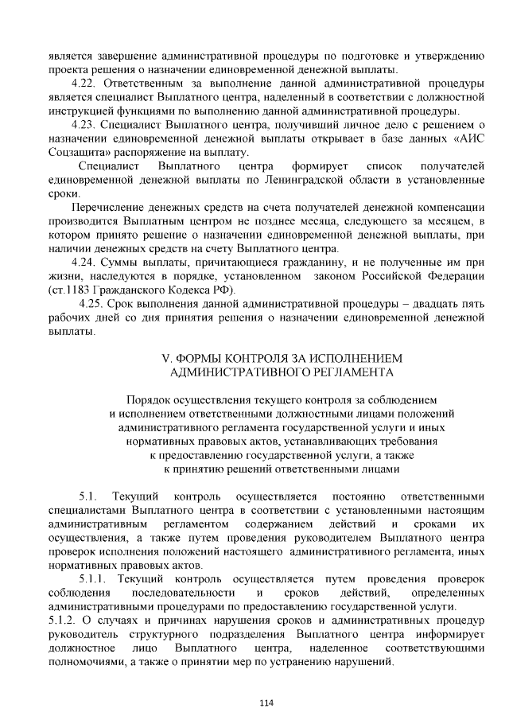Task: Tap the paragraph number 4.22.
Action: pyautogui.click(x=84, y=83)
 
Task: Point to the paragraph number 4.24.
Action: pyautogui.click(x=84, y=262)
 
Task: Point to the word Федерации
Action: pyautogui.click(x=456, y=275)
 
